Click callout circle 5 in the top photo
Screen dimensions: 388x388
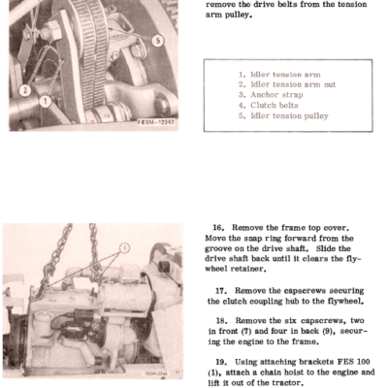(x=157, y=41)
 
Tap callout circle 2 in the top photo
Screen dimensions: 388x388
(x=25, y=90)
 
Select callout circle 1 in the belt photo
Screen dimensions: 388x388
(x=46, y=102)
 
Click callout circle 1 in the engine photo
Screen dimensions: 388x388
(x=124, y=248)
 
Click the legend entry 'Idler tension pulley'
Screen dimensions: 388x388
(x=283, y=115)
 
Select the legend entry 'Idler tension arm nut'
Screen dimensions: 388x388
(x=287, y=84)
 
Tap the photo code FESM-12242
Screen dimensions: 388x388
(x=156, y=122)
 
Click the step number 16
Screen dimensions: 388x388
(x=218, y=228)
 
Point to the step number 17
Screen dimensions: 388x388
(x=221, y=291)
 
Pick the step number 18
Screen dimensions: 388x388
(x=222, y=321)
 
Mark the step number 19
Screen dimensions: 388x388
(x=221, y=362)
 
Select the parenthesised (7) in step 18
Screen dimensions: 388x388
(x=246, y=332)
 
